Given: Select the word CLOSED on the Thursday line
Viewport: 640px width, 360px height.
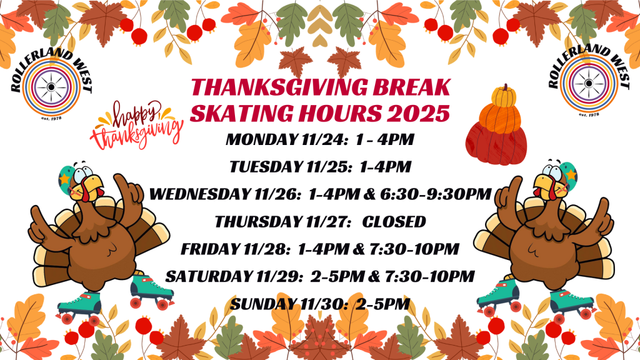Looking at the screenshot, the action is tap(394, 222).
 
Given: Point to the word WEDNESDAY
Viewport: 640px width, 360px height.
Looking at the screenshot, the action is tap(199, 194).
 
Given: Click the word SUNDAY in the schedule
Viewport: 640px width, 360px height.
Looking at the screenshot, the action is tap(263, 304).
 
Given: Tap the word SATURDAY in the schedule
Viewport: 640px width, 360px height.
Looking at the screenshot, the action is tap(209, 277).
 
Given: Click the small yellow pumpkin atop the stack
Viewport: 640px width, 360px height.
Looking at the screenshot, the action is tap(504, 96).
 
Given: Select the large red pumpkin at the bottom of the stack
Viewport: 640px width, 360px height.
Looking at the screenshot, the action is tap(496, 145).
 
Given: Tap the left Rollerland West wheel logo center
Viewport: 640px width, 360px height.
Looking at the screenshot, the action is tap(51, 87).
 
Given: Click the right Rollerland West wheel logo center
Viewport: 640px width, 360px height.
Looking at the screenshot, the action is tap(589, 84).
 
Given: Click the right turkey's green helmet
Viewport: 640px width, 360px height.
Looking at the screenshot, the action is tap(568, 173).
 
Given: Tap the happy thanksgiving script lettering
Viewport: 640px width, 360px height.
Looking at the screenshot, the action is tap(136, 125).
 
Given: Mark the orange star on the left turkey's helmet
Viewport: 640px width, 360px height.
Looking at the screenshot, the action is tap(64, 178).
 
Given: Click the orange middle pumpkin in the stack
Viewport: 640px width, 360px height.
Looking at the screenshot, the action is tap(499, 118).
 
